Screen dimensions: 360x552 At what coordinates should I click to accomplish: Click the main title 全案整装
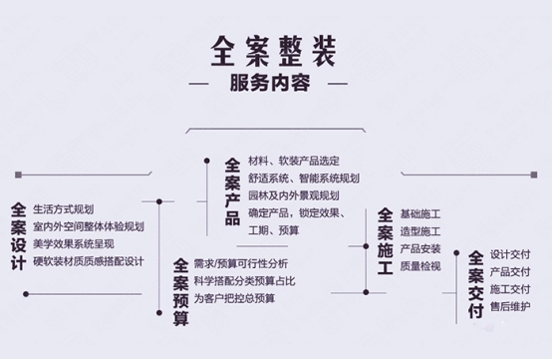(x=274, y=50)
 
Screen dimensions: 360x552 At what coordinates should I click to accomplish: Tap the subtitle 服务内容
(x=274, y=83)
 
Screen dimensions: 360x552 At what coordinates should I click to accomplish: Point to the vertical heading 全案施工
(x=385, y=238)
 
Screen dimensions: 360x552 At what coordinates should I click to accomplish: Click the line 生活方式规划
(x=63, y=209)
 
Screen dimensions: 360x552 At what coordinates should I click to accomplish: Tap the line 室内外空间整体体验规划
(x=89, y=226)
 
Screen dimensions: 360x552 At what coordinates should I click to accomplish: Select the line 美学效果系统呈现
(x=74, y=244)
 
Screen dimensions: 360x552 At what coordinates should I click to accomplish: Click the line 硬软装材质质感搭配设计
(x=89, y=261)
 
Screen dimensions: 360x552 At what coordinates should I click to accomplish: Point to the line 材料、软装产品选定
(x=295, y=160)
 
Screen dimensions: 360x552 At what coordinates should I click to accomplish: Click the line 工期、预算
(x=274, y=230)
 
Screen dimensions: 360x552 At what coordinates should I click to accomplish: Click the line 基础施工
(x=420, y=213)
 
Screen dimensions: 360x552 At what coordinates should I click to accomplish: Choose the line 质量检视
(x=420, y=266)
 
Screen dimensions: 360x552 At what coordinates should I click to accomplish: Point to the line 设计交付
(x=510, y=253)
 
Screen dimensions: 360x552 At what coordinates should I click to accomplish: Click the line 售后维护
(x=510, y=307)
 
